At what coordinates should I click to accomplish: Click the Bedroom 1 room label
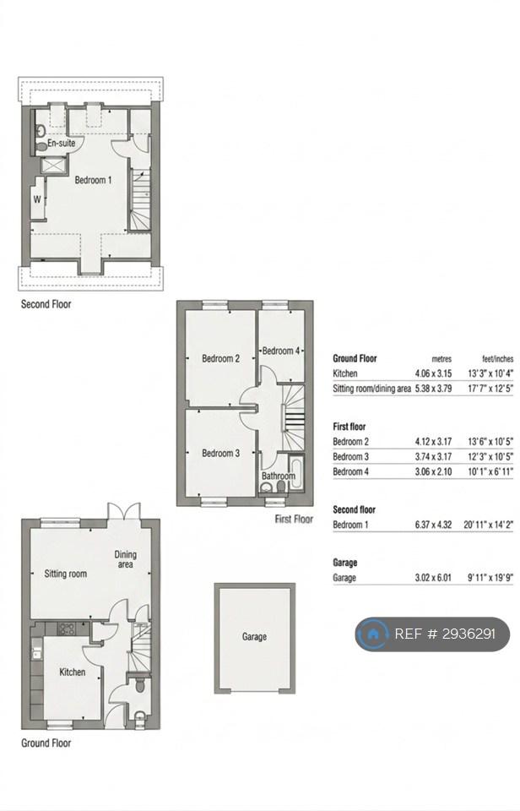pos(93,180)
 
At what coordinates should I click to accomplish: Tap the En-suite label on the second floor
pos(61,143)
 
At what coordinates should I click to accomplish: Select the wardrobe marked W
pos(37,199)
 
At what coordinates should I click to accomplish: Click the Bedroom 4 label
pos(280,351)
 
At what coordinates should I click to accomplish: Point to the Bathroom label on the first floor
pos(278,476)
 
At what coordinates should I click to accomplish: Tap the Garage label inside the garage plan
pos(254,637)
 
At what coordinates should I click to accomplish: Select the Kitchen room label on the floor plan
pos(73,672)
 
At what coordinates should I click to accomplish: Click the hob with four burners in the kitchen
pos(67,629)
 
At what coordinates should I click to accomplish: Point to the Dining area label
pos(125,559)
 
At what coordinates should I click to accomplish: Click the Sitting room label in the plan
pos(66,574)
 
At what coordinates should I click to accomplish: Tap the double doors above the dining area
pos(123,511)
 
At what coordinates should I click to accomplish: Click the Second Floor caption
pos(46,304)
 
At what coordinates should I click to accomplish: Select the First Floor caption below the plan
pos(294,519)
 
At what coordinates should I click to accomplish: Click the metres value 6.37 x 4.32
pos(433,525)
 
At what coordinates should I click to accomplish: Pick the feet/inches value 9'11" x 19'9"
pos(490,578)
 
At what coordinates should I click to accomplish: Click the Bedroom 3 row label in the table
pos(351,457)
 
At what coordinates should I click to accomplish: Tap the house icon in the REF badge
pos(372,634)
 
